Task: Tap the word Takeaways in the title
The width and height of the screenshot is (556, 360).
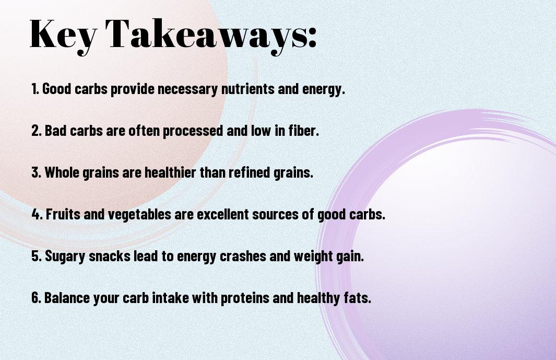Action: click(x=211, y=34)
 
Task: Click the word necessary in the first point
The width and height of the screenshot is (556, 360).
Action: click(x=187, y=89)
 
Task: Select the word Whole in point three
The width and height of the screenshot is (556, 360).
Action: click(x=62, y=172)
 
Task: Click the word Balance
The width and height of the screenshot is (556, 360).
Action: click(x=65, y=298)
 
